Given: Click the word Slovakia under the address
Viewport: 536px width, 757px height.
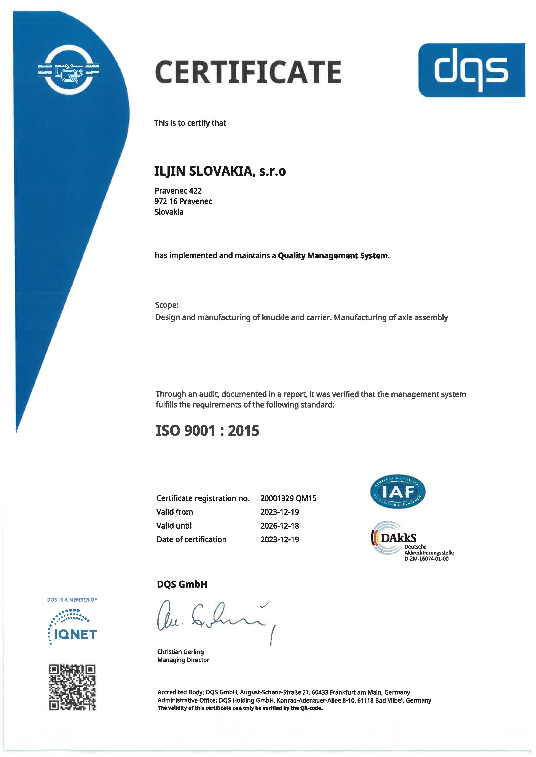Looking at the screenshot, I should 169,212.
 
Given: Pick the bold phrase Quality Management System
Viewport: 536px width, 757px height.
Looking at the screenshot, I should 333,256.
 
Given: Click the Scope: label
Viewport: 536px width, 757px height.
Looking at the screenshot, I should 167,305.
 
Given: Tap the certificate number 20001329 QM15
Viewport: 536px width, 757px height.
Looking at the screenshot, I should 288,498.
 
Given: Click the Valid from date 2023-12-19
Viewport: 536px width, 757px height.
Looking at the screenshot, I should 279,512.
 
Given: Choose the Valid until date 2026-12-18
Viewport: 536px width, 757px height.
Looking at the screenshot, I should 279,526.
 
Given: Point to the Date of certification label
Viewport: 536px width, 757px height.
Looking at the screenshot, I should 191,539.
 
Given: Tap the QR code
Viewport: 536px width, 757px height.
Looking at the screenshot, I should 72,687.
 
